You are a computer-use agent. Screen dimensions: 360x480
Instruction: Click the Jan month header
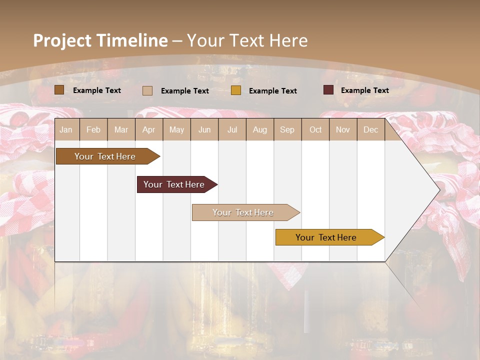click(66, 129)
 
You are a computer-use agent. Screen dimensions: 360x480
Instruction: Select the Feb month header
click(93, 129)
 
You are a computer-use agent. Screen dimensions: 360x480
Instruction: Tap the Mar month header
click(121, 129)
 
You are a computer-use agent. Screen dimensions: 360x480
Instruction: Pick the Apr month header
click(148, 129)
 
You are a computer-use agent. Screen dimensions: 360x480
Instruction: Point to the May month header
click(176, 129)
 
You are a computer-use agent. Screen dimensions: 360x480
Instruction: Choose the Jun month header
click(204, 129)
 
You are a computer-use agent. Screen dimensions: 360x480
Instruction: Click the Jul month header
click(232, 129)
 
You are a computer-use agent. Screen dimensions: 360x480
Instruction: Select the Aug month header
click(259, 129)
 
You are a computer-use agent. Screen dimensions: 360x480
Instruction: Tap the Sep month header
click(287, 129)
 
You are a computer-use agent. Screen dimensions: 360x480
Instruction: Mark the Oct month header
click(315, 129)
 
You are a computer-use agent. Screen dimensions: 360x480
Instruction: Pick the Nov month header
click(343, 129)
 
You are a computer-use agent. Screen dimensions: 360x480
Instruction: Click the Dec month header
click(370, 129)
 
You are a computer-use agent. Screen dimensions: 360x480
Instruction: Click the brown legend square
click(59, 90)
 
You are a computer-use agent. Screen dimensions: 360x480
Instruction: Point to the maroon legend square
click(328, 90)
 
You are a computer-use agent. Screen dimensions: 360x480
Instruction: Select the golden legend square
click(236, 90)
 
